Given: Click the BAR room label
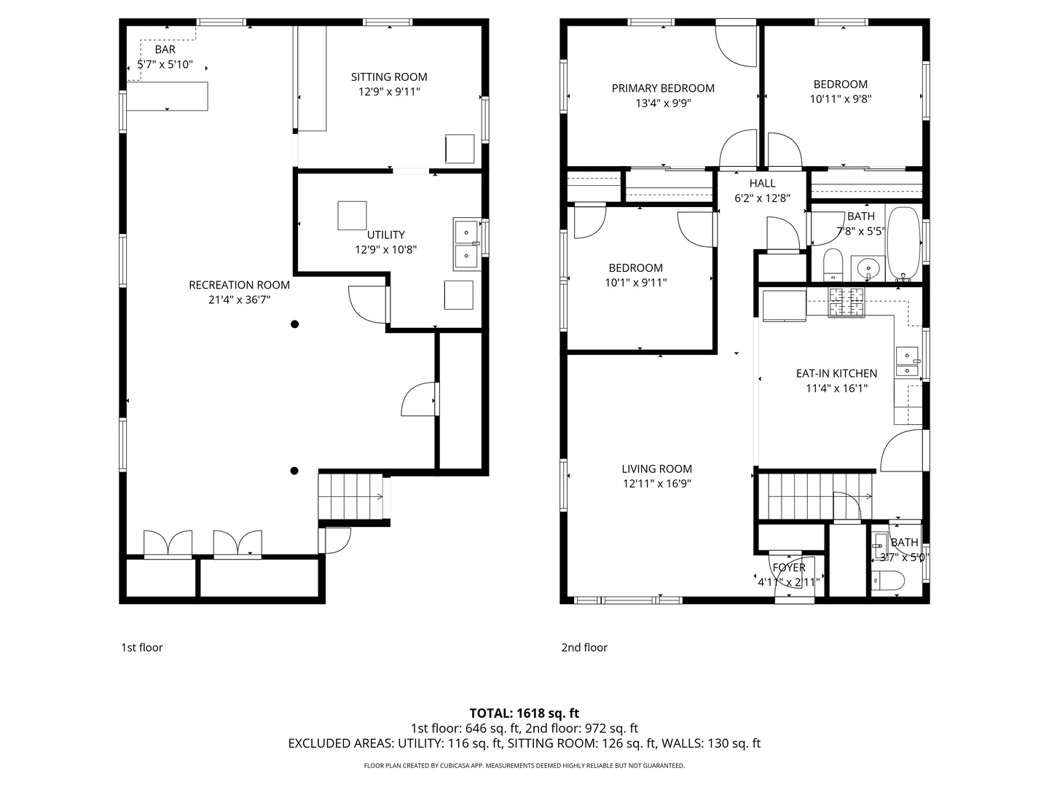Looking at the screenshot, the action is (x=165, y=50).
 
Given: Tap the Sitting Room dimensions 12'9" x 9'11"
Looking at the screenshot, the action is (x=389, y=92).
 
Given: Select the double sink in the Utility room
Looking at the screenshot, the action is (x=467, y=244).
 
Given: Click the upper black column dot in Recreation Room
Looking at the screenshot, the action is (x=295, y=324).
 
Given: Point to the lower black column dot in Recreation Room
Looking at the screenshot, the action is (x=294, y=471).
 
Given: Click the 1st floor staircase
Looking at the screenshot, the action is (x=350, y=496).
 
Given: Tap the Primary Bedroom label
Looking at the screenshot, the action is (x=663, y=88).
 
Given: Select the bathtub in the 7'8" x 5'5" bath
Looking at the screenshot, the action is (x=903, y=243).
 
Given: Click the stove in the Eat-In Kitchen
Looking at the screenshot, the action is (x=846, y=302).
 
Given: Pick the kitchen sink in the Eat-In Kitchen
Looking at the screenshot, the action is (x=907, y=361).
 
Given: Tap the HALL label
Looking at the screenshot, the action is (x=762, y=183).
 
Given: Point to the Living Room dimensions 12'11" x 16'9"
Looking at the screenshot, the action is (x=656, y=484).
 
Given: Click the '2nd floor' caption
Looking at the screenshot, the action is (x=584, y=648).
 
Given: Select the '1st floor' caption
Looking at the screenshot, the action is (x=142, y=648).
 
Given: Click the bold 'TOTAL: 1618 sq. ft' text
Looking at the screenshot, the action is (x=524, y=713).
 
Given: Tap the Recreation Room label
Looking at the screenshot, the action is (x=240, y=285).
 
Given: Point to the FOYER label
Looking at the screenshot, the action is (x=789, y=567).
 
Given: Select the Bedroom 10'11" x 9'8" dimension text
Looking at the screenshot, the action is (x=841, y=99).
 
